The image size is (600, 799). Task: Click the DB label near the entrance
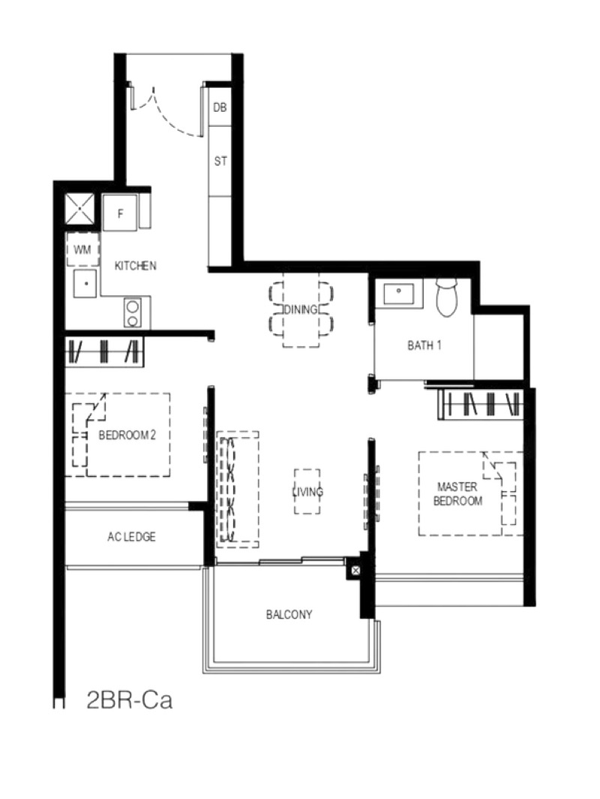coord(220,107)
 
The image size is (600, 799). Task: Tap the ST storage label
coord(220,161)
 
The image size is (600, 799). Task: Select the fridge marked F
coord(120,213)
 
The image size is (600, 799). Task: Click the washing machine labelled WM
coord(82,249)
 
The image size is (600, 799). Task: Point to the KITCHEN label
coord(135,266)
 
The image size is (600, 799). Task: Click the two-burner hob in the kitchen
coord(133,312)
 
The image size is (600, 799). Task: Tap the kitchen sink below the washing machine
coord(86,283)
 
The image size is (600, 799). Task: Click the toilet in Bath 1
coord(447,298)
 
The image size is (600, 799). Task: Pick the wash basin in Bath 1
coord(398,293)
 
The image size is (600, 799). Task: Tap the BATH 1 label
coord(424,345)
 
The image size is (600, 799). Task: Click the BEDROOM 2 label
coord(127,436)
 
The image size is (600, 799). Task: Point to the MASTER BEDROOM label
coord(457,494)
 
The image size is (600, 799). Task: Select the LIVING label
coord(307,492)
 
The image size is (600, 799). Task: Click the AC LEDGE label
coord(131,537)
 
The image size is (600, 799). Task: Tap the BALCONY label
coord(289,614)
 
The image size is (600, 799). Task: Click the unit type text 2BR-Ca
coord(129,700)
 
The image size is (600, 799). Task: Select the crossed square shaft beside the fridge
coord(80,208)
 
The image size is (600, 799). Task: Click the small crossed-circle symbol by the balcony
coord(355,571)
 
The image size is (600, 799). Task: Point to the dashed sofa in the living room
coord(238,489)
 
